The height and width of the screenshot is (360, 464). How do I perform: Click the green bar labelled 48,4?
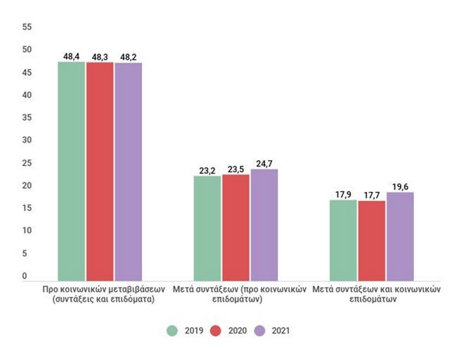(71, 171)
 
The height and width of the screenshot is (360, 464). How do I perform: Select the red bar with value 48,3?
(100, 172)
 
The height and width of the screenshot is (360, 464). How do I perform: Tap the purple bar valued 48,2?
(129, 172)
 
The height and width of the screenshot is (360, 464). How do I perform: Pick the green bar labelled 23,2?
(207, 229)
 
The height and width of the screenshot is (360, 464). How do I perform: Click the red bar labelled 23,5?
(236, 228)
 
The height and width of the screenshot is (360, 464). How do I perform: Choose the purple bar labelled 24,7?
(264, 225)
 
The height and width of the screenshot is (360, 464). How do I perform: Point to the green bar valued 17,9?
(343, 240)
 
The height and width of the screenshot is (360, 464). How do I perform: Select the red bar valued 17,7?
(372, 240)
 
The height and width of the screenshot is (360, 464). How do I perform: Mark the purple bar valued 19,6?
(400, 236)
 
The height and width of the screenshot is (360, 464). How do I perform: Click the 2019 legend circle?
(172, 330)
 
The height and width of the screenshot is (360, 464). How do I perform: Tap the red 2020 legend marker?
(215, 330)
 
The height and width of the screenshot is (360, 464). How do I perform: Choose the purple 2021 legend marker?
(259, 330)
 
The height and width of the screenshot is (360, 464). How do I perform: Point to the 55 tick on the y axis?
(27, 27)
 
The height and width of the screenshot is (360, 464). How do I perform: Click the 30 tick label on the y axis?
(27, 140)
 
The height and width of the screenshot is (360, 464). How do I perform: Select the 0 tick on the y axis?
(25, 276)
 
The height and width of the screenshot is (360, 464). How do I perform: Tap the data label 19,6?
(400, 187)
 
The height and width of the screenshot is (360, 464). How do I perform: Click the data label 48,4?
(71, 56)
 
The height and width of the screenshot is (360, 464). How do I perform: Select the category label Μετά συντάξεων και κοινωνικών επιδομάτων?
(376, 294)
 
